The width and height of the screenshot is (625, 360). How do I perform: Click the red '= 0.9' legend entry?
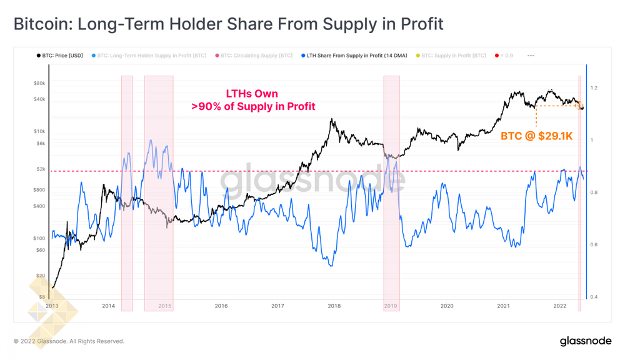(x=505, y=56)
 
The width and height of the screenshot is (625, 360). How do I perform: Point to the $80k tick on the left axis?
(x=39, y=83)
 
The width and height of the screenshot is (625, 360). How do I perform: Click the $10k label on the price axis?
(x=39, y=131)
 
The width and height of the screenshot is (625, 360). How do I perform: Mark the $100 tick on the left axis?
(x=39, y=238)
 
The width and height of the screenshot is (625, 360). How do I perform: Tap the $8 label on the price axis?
(x=41, y=297)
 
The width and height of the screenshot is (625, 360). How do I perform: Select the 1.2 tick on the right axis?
(x=594, y=88)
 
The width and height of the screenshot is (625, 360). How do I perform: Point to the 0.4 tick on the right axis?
(x=594, y=297)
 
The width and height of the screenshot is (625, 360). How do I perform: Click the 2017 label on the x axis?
(x=277, y=306)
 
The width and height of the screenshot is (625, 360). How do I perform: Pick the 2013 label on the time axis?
(x=52, y=306)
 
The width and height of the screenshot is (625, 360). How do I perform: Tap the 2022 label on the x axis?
(x=560, y=306)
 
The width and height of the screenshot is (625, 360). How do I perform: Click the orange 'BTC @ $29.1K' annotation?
(x=536, y=136)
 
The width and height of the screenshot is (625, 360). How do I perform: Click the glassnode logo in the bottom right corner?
(x=586, y=341)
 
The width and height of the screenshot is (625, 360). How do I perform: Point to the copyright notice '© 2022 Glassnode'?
(x=69, y=341)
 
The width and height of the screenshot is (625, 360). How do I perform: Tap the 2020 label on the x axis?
(x=447, y=306)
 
